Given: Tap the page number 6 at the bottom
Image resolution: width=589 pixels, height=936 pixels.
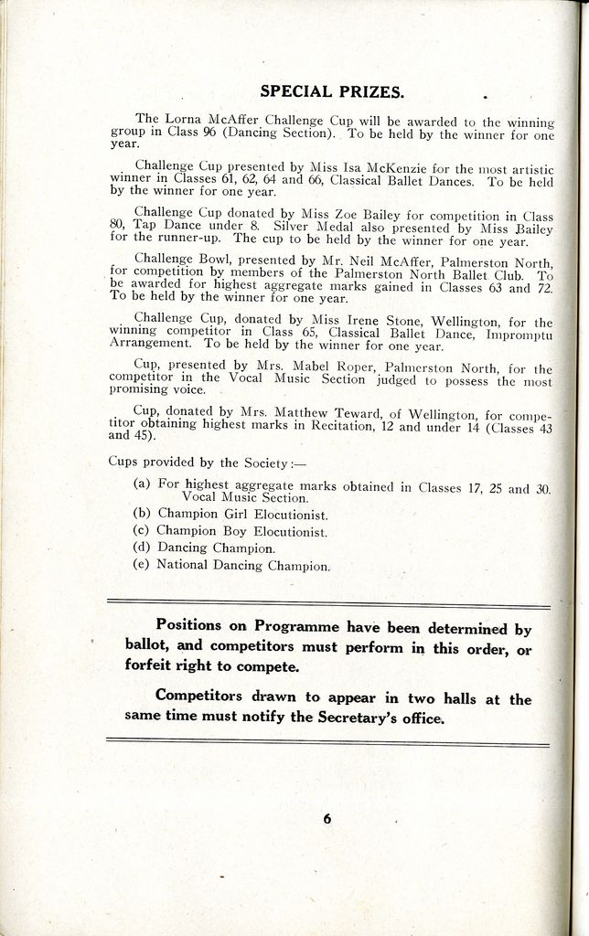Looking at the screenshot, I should [327, 818].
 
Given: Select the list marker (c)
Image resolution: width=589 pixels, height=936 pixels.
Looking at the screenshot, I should [142, 530].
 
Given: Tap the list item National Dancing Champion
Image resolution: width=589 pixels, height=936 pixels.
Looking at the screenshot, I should [242, 566].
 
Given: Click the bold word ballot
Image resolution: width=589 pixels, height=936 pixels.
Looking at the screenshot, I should [145, 645].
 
